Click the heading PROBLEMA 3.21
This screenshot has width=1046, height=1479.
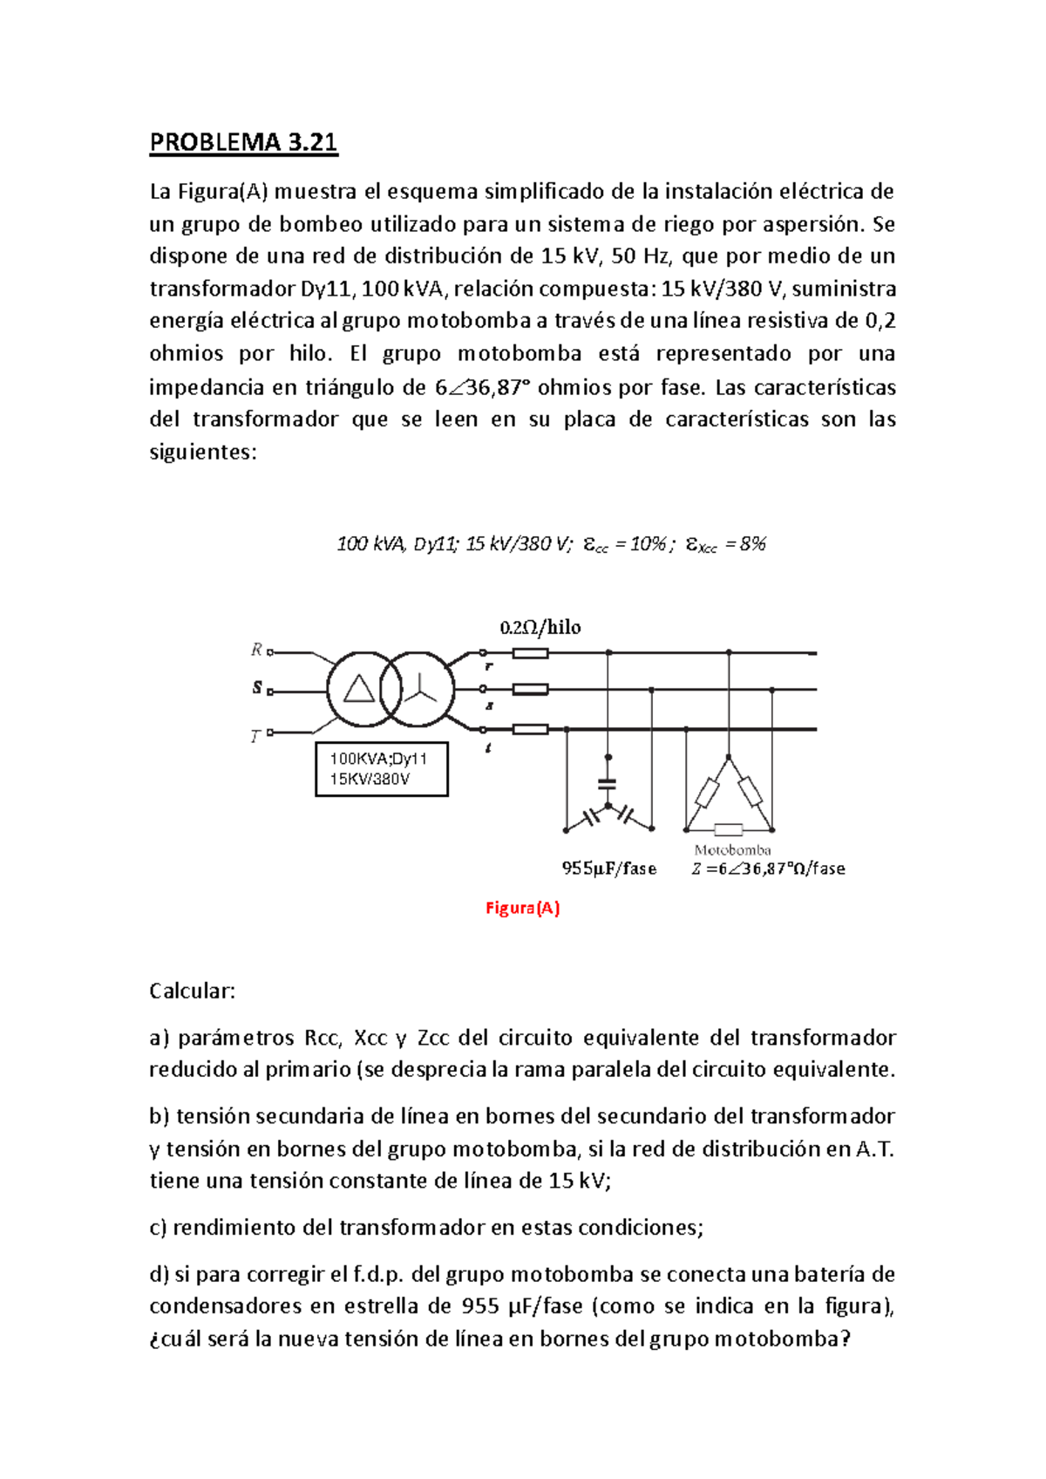[243, 142]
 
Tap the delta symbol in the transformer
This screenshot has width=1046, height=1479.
[359, 689]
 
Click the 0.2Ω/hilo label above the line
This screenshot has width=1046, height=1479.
[540, 627]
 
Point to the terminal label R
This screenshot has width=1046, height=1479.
[256, 650]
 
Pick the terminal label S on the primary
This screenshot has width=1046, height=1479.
[257, 688]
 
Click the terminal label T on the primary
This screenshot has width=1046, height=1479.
[255, 737]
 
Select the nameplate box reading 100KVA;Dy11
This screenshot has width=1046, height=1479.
[382, 769]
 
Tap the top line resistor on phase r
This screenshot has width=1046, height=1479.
[530, 653]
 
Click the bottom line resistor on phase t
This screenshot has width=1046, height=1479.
[530, 730]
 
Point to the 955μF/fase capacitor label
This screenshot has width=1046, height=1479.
[608, 869]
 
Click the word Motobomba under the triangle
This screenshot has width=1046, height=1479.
[732, 850]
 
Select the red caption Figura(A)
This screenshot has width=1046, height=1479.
[522, 908]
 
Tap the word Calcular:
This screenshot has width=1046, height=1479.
[192, 991]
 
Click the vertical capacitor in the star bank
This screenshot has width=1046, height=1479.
[608, 784]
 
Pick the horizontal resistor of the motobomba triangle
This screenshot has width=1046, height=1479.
[728, 829]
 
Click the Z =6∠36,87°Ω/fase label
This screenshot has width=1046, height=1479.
[768, 869]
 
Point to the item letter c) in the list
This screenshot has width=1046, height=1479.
[158, 1228]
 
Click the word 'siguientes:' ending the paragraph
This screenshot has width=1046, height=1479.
[203, 452]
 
